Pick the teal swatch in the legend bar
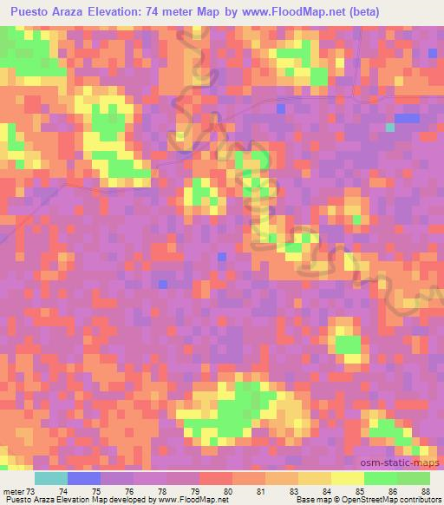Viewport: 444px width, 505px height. (x=51, y=478)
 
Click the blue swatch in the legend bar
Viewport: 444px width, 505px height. (x=84, y=478)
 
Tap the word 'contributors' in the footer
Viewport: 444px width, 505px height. (x=421, y=501)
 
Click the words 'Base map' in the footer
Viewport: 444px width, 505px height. (x=310, y=501)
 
